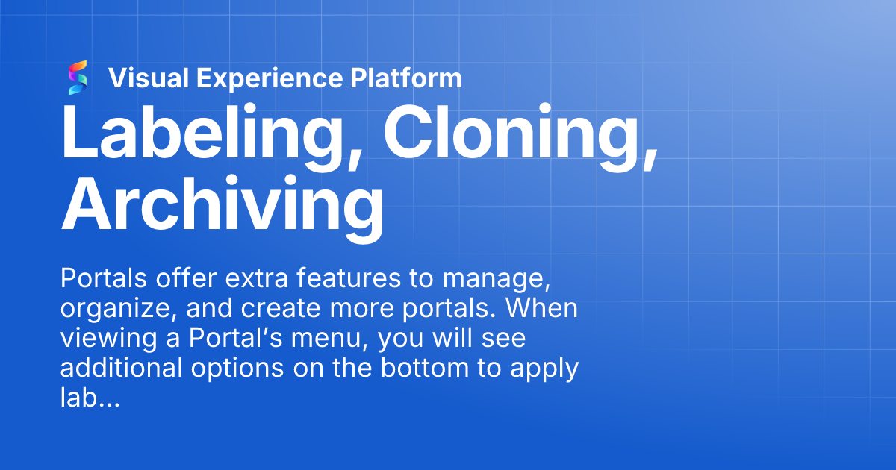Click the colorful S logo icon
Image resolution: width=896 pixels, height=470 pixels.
coord(78,78)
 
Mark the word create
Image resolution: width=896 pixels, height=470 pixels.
coord(261,310)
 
